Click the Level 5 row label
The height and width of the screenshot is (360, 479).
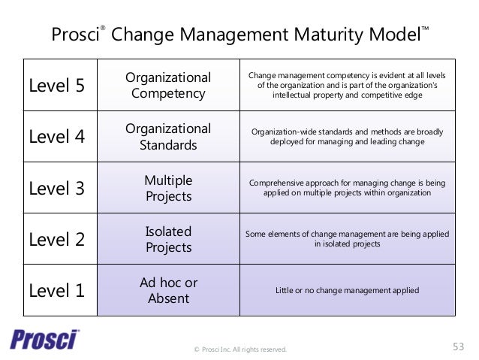(57, 86)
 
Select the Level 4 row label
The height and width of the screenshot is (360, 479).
(57, 137)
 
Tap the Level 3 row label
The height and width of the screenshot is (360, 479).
(57, 189)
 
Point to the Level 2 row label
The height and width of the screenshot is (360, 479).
(57, 240)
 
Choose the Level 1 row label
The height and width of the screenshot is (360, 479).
(57, 291)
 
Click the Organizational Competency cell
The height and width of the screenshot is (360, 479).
(168, 86)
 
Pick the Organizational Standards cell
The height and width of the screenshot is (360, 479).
(168, 136)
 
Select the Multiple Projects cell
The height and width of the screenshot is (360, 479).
(168, 188)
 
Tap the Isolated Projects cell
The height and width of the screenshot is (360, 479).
(168, 239)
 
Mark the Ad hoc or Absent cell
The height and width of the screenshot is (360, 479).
(168, 290)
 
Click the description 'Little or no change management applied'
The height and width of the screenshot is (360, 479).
(347, 290)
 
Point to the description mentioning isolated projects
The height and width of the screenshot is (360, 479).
(347, 239)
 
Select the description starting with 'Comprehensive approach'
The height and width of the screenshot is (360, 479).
(347, 188)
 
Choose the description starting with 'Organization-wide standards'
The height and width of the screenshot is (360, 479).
(347, 137)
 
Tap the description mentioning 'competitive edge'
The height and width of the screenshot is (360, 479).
(347, 86)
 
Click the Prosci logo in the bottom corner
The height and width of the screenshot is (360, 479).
(45, 340)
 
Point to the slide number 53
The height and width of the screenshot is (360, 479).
(459, 346)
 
